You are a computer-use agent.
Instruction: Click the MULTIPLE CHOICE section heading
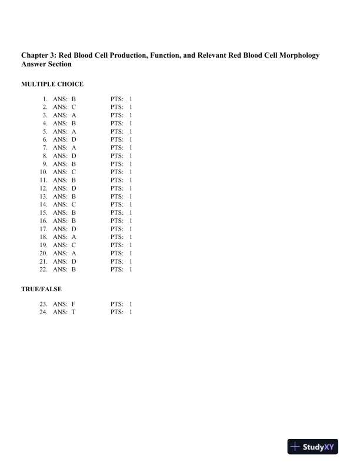[x=52, y=84]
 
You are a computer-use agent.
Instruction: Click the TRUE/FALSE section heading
[x=41, y=289]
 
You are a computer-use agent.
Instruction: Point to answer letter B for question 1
[x=74, y=99]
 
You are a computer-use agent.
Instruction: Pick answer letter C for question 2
[x=74, y=108]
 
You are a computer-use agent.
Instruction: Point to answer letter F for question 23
[x=74, y=304]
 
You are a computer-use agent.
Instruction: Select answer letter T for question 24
[x=74, y=312]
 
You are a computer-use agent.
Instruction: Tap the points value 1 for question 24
[x=131, y=312]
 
